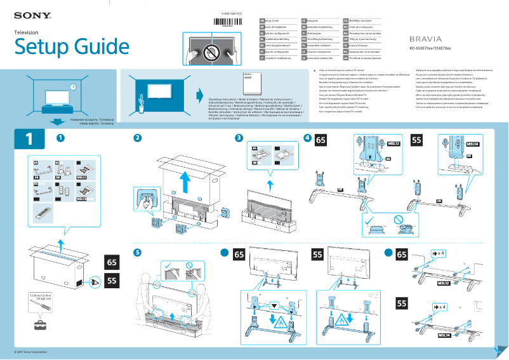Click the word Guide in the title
93,46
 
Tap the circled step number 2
138,138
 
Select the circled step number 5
138,252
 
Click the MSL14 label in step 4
472,144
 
